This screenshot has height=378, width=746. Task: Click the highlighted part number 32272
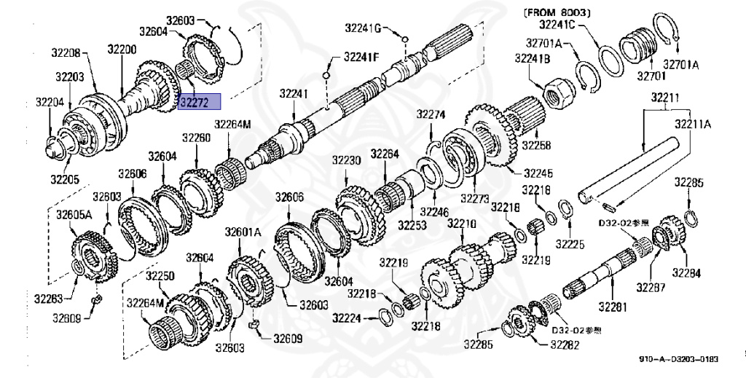pyautogui.click(x=200, y=103)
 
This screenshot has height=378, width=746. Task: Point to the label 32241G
pyautogui.click(x=363, y=28)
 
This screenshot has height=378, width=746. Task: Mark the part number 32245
pyautogui.click(x=537, y=173)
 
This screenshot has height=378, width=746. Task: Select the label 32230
pyautogui.click(x=348, y=160)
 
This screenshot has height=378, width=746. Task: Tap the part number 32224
pyautogui.click(x=347, y=318)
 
